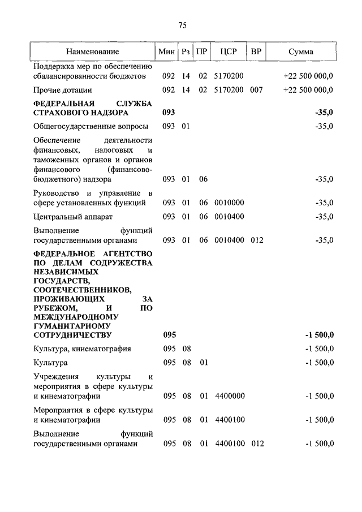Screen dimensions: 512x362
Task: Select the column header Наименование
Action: point(92,51)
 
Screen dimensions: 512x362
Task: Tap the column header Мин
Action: point(167,51)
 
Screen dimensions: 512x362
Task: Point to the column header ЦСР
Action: point(229,51)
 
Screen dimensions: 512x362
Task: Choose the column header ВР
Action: point(256,51)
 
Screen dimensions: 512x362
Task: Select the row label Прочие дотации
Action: point(63,90)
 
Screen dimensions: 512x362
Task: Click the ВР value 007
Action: point(256,90)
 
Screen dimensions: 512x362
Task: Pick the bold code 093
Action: point(169,113)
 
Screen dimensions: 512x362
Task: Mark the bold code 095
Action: point(169,335)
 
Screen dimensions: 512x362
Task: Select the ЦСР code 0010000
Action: point(229,203)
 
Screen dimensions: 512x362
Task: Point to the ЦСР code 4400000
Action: point(229,396)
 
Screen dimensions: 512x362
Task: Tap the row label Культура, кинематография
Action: point(82,349)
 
